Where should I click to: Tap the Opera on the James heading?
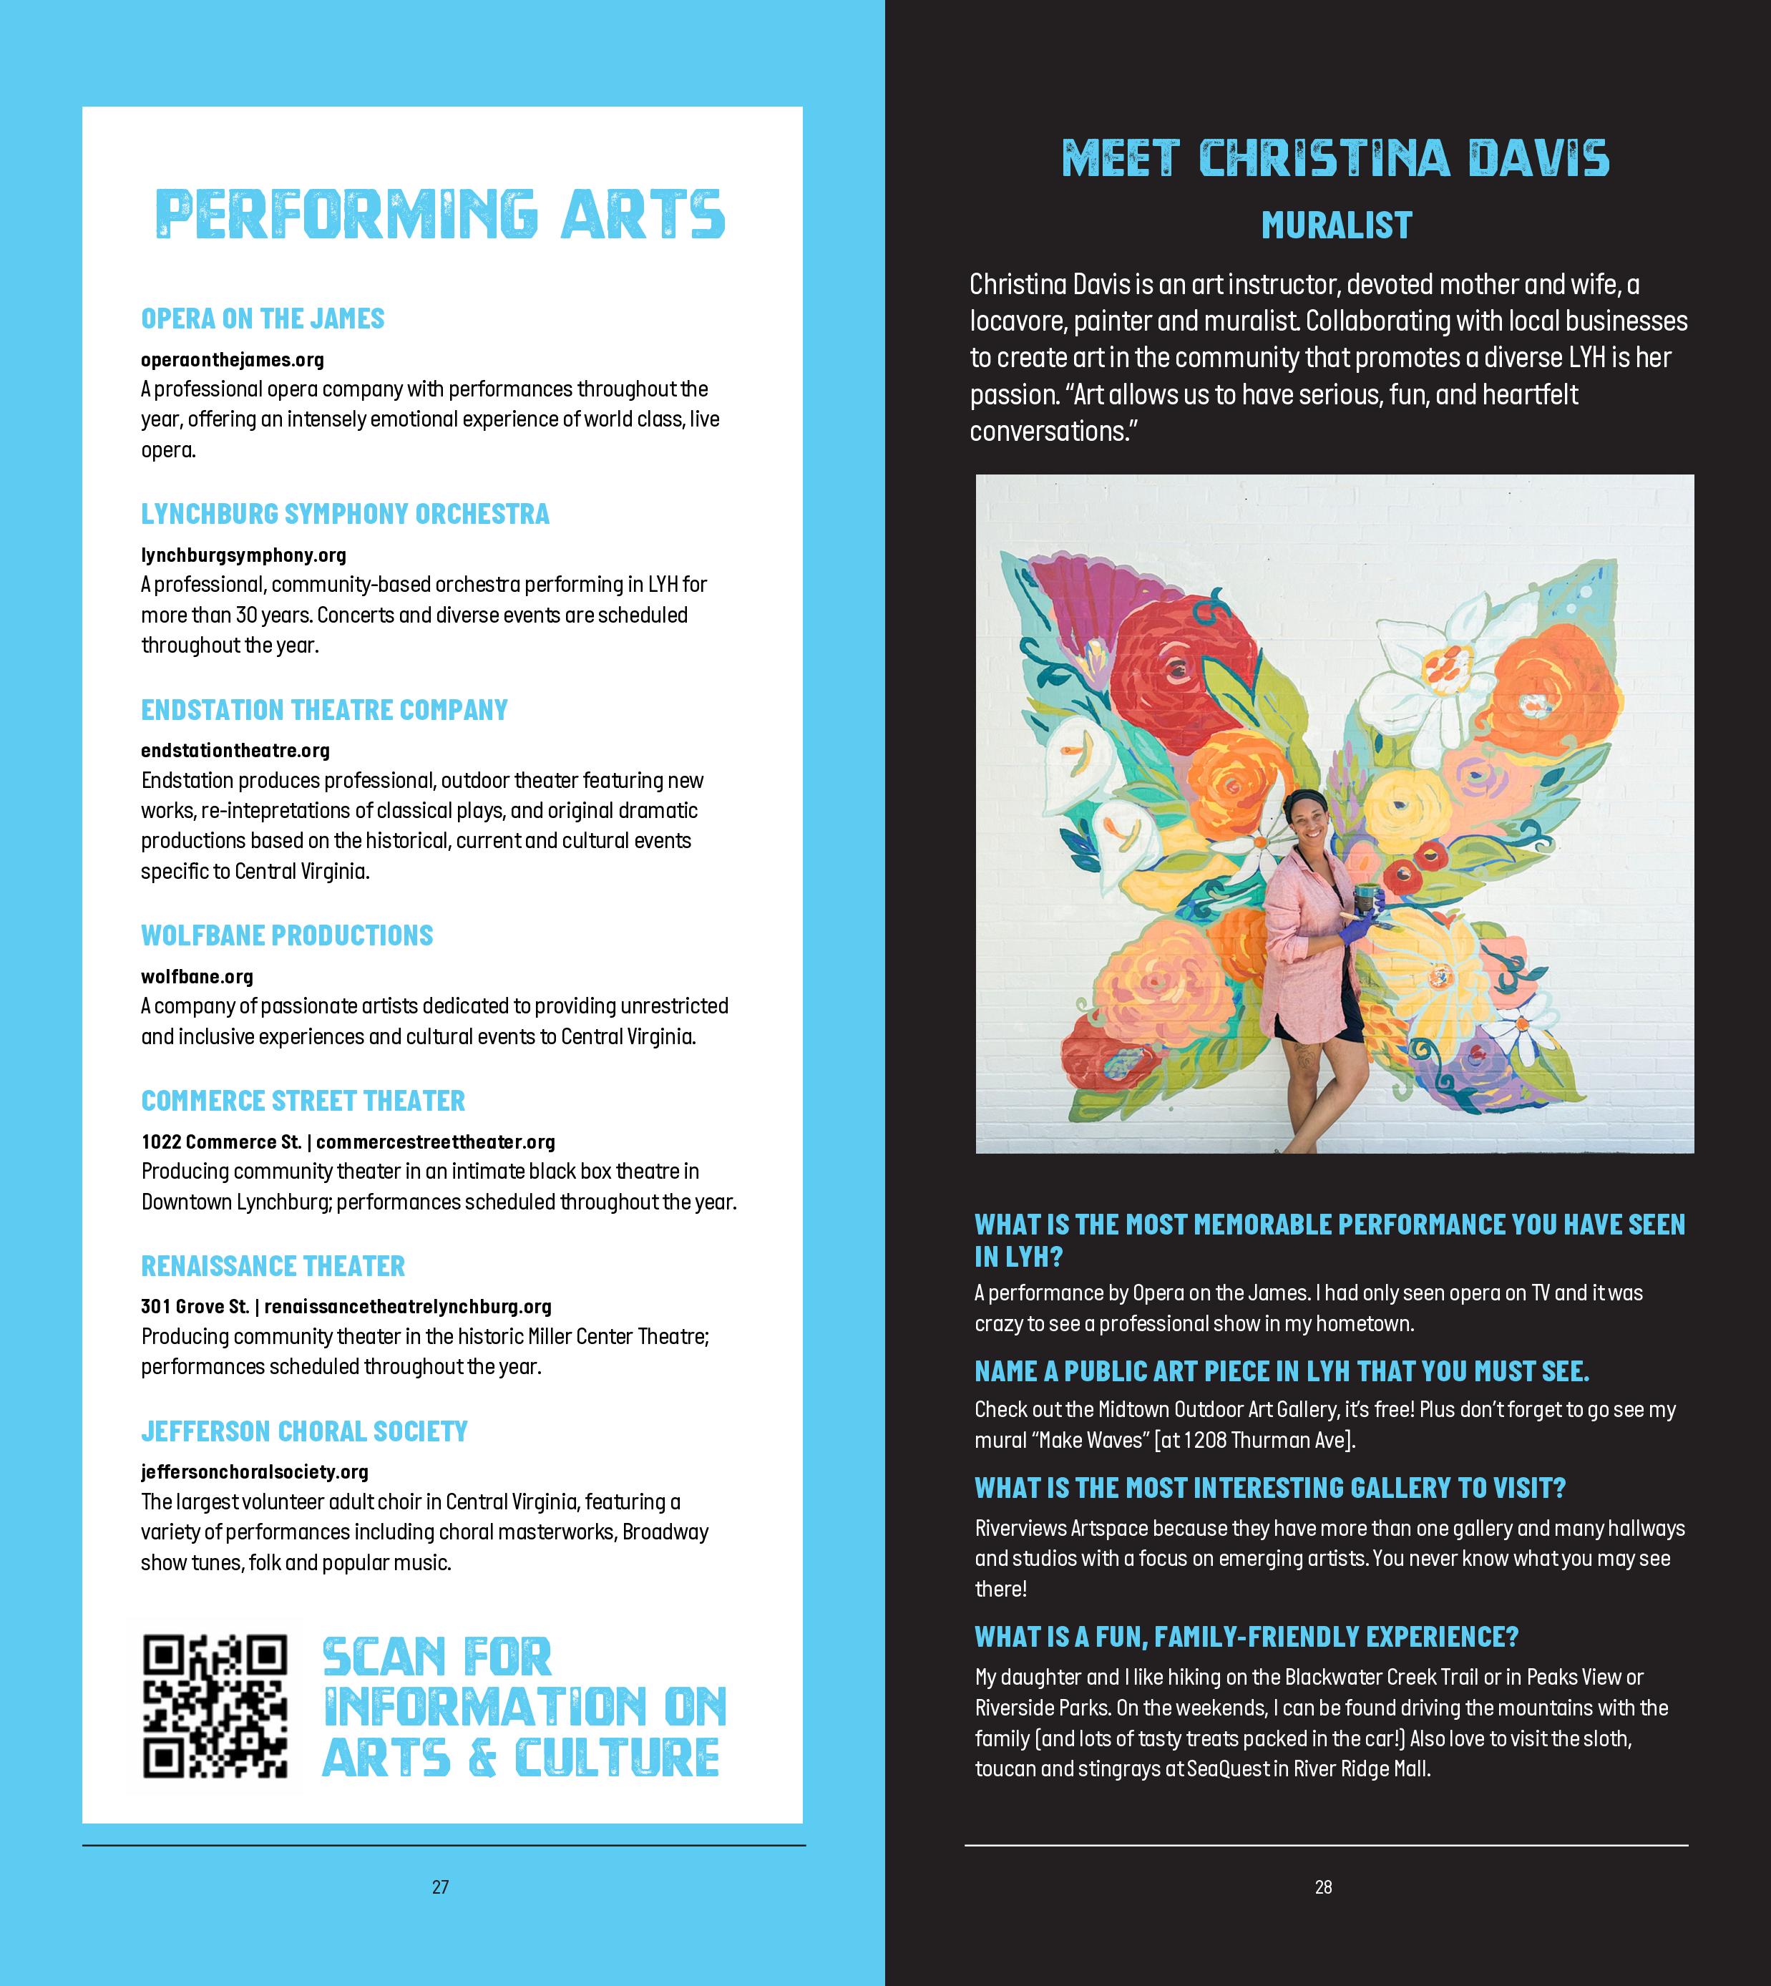(x=263, y=319)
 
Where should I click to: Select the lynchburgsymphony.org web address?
(x=243, y=555)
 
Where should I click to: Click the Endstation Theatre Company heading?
(x=324, y=711)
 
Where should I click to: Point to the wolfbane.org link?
(x=197, y=976)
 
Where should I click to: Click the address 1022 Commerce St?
(x=221, y=1142)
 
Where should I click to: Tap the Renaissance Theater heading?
(x=273, y=1266)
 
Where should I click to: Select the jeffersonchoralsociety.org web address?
(x=254, y=1472)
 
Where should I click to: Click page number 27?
(x=440, y=1887)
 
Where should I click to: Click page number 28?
(x=1323, y=1887)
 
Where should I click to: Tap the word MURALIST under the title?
(x=1336, y=225)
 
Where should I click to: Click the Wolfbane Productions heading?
(x=287, y=936)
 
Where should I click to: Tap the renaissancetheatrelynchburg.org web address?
(x=408, y=1307)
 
